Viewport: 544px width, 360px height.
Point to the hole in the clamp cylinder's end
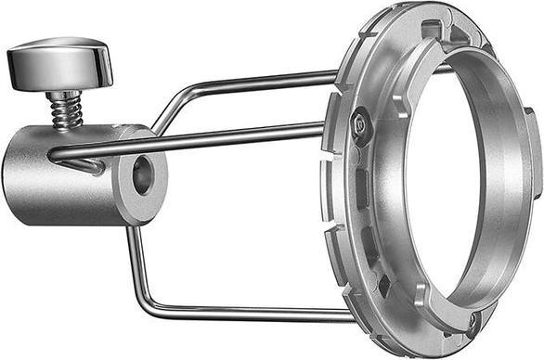pyautogui.click(x=143, y=174)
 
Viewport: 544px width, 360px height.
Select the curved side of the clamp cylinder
pyautogui.click(x=56, y=181)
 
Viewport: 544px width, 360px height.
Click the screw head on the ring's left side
pyautogui.click(x=359, y=122)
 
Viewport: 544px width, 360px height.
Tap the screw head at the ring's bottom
pyautogui.click(x=474, y=320)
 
